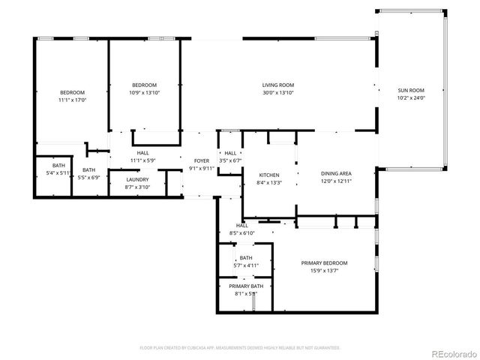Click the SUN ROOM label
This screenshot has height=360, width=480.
[410, 89]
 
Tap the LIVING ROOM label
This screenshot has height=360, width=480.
[277, 85]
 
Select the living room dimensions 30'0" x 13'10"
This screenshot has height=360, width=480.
[277, 92]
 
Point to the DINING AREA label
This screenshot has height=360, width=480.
[336, 173]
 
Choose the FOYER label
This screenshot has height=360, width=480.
[202, 161]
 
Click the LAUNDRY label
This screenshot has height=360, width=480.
[137, 179]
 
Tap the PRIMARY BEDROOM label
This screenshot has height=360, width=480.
[324, 262]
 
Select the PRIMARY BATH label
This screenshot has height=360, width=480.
[246, 286]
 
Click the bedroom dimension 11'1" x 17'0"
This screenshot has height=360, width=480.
[72, 100]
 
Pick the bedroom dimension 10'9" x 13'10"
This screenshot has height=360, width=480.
[144, 92]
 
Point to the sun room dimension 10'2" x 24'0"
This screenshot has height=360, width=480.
[411, 97]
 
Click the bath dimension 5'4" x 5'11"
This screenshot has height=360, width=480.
[58, 173]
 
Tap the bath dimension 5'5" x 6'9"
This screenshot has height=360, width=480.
[89, 178]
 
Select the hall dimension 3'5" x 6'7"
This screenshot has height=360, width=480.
[230, 160]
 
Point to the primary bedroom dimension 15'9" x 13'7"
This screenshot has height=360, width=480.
[324, 271]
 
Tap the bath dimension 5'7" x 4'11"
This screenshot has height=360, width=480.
[246, 265]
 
